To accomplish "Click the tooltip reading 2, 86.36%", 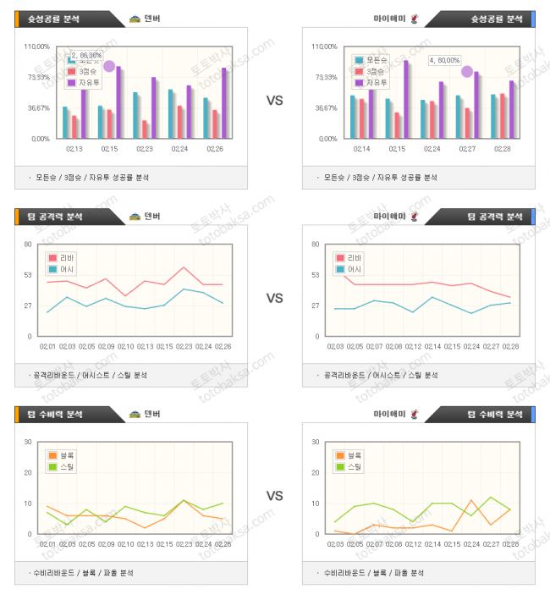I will click(85, 55).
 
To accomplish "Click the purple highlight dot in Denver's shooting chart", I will click(108, 66).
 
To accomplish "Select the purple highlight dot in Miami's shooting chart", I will click(467, 72).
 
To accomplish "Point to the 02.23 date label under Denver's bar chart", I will click(146, 148).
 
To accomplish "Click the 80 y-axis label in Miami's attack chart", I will click(316, 244).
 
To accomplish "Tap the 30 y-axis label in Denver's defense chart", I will click(28, 442).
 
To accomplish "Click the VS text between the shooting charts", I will click(274, 101).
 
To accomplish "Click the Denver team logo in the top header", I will click(135, 18).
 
